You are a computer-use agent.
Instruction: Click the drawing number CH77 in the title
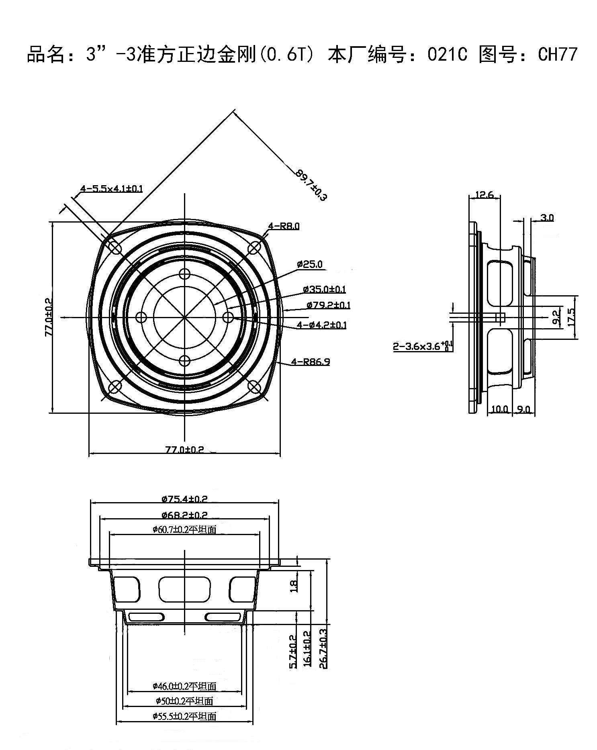pos(558,55)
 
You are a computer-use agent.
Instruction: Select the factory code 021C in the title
pos(447,55)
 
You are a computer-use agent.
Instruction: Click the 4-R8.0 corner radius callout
pos(284,226)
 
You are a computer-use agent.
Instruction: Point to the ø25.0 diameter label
pos(310,264)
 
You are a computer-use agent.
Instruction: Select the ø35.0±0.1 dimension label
pos(324,289)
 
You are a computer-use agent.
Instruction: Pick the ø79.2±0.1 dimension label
pos(328,305)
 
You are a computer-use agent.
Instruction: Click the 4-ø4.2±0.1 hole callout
pos(321,325)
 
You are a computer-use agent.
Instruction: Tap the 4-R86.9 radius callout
pos(311,362)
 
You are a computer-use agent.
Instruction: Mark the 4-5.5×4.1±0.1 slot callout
pos(112,188)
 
